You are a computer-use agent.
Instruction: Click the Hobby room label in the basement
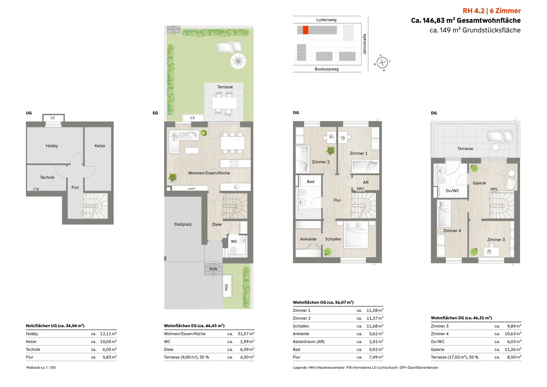52,146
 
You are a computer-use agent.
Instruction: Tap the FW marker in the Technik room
37,189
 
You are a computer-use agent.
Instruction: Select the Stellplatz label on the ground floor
183,224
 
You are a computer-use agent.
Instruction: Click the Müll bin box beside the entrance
227,287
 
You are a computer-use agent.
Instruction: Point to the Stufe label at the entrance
213,269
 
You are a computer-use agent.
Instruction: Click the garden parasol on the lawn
238,61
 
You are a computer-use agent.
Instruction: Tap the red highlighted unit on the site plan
306,30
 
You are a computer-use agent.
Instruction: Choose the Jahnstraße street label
365,44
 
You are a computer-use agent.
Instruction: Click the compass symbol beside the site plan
382,63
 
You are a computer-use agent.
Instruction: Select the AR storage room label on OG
366,182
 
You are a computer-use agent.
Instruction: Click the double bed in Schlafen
356,235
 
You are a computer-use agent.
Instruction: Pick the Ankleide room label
308,239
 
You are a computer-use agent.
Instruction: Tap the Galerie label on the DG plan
479,183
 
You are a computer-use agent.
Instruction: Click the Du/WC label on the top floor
452,191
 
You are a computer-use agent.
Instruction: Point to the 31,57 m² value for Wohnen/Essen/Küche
246,334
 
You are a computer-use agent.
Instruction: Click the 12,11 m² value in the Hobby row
109,334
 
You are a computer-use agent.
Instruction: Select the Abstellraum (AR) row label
309,342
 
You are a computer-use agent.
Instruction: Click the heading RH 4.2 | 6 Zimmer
491,11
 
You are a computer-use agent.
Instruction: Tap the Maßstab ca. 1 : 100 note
41,367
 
